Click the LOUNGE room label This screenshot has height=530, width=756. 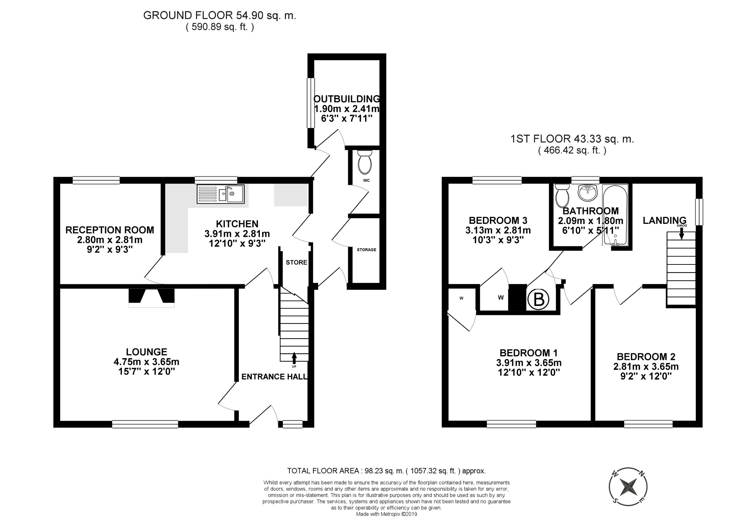(x=147, y=352)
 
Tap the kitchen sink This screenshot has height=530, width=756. (x=220, y=194)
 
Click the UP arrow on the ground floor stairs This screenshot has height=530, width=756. (x=294, y=357)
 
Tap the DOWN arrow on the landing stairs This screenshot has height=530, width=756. (x=681, y=233)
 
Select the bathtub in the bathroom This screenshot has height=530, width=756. (x=615, y=215)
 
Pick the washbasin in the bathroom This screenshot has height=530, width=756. (x=587, y=193)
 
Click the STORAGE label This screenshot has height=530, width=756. (x=366, y=250)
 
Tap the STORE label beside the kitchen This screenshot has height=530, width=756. (x=296, y=262)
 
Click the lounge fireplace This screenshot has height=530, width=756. (x=151, y=298)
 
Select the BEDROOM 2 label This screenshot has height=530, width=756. (x=646, y=357)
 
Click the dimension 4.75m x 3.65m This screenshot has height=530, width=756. (x=147, y=362)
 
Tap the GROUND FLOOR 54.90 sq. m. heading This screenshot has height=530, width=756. (x=220, y=15)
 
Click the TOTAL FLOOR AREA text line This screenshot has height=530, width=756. (x=386, y=471)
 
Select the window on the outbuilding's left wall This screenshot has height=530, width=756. (x=311, y=103)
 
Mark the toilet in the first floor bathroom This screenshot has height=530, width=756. (x=562, y=195)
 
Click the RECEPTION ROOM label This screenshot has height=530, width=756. (x=110, y=230)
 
